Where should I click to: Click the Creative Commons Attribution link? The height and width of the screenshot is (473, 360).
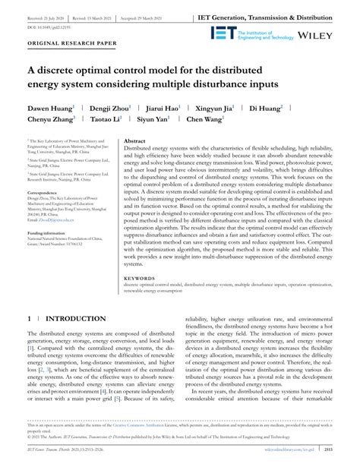pyautogui.click(x=165, y=448)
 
